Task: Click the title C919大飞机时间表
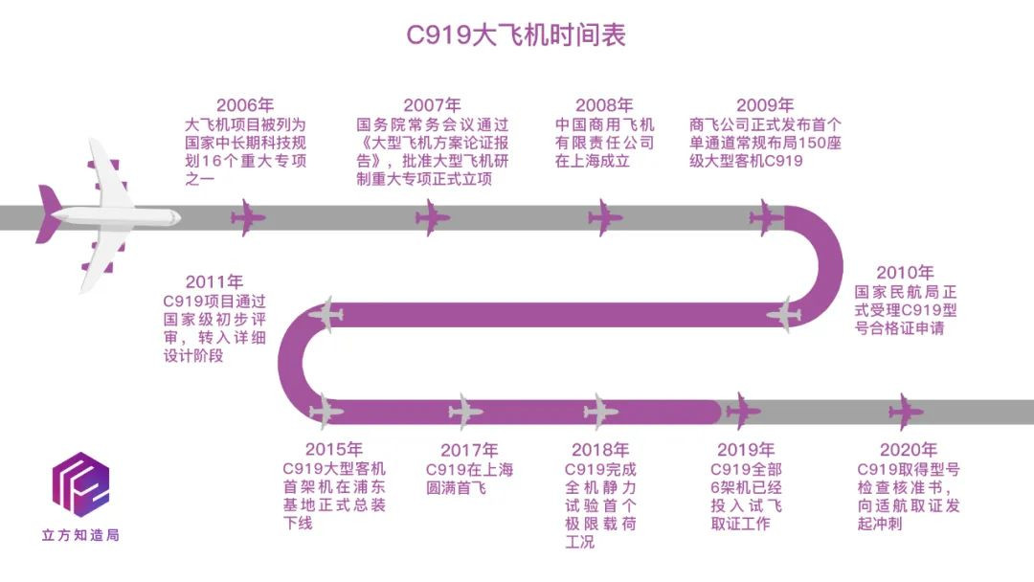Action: tap(516, 35)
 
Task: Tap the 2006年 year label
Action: tap(244, 105)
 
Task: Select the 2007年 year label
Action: tap(432, 105)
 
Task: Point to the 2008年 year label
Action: tap(604, 105)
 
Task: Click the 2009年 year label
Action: tap(765, 105)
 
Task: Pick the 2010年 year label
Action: tap(905, 273)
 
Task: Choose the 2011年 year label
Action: tap(214, 281)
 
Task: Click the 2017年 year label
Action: tap(469, 450)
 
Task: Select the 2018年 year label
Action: tap(600, 450)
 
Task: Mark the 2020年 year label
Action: tap(909, 450)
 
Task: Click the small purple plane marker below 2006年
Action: tap(248, 217)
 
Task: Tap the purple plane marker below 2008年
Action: tap(605, 217)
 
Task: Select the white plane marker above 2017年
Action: tap(465, 412)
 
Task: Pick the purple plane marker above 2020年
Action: tap(906, 412)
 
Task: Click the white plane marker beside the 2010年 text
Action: tap(784, 313)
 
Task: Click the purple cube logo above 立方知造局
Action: tap(80, 484)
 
